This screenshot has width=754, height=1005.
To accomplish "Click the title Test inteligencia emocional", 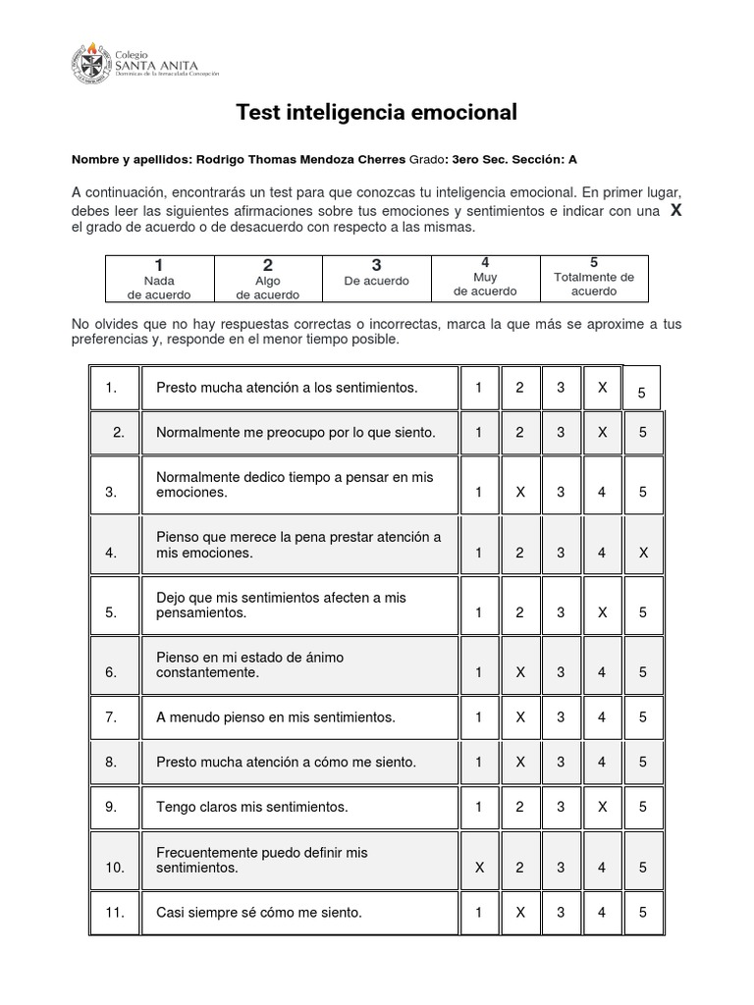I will point(377,113).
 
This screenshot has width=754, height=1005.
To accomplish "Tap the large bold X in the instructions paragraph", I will point(674,211).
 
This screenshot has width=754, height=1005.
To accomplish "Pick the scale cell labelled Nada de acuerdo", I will point(159,279).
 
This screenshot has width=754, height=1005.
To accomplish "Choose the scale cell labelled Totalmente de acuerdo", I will point(594,278).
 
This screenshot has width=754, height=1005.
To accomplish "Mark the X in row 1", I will point(602,388).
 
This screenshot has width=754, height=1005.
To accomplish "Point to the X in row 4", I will point(643,553).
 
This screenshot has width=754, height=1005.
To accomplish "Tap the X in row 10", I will point(479,868).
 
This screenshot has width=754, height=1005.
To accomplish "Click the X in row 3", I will point(520,492).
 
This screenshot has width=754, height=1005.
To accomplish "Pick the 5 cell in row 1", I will point(642,392).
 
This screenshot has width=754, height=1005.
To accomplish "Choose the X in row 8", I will point(520,762).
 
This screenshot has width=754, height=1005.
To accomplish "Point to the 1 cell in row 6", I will point(479,672).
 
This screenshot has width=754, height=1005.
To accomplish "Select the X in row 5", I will point(602,612).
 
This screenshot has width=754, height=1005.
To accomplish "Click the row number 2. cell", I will point(118,432).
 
